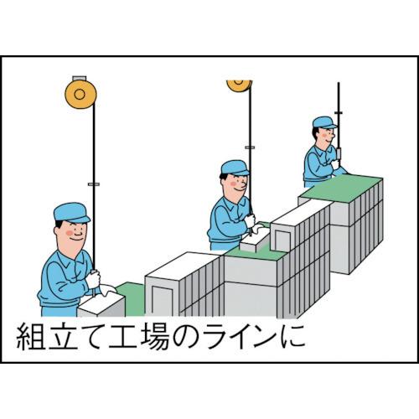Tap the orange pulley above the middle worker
pos(240,84)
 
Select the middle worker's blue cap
pos(235,168)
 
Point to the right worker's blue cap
pos(323,123)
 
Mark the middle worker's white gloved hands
pos(249,222)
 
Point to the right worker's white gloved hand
pos(339,164)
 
